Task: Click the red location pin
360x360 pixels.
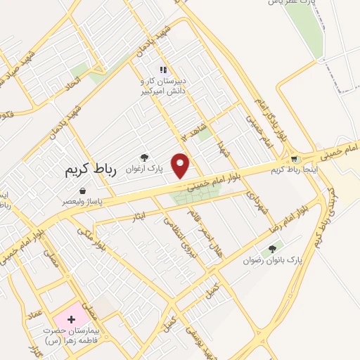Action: click(x=181, y=165)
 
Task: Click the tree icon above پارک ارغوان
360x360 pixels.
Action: click(x=145, y=158)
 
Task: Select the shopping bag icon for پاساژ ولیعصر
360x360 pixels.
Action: click(x=83, y=191)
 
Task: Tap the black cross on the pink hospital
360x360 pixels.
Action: click(x=70, y=320)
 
